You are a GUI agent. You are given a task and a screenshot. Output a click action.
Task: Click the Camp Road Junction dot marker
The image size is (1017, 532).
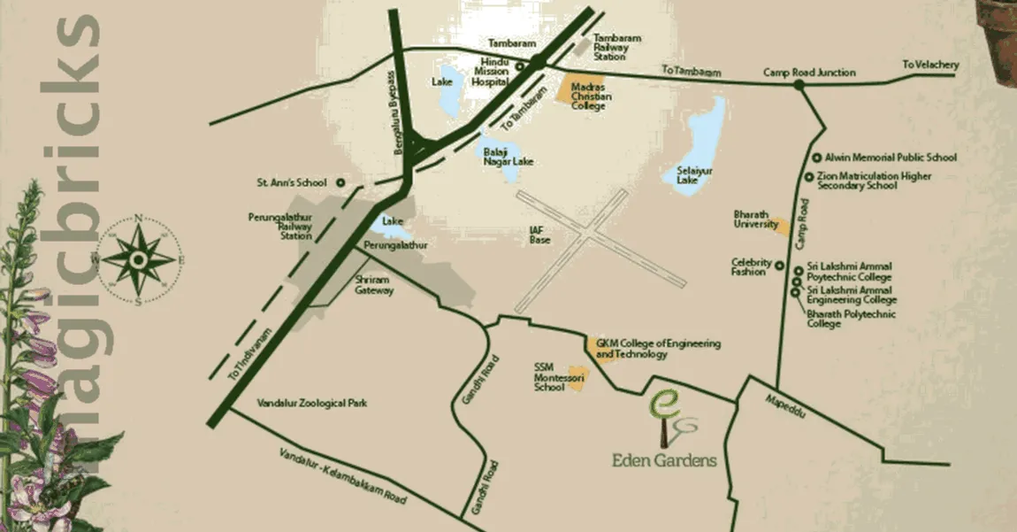799,85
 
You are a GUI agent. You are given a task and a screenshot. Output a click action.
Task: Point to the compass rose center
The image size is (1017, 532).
139,258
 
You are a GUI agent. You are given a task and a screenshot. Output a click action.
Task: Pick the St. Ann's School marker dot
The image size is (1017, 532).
340,183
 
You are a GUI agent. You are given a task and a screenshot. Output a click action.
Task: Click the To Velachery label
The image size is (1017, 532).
930,66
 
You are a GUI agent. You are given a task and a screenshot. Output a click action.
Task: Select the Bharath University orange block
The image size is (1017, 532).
781,227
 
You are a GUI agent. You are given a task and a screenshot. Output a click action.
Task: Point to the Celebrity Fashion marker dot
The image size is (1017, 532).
779,265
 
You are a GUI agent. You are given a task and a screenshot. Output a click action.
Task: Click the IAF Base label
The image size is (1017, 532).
539,235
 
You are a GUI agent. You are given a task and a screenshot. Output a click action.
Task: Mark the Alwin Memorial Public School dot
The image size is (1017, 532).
817,157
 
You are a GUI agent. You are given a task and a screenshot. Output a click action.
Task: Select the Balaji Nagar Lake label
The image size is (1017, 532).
508,157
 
